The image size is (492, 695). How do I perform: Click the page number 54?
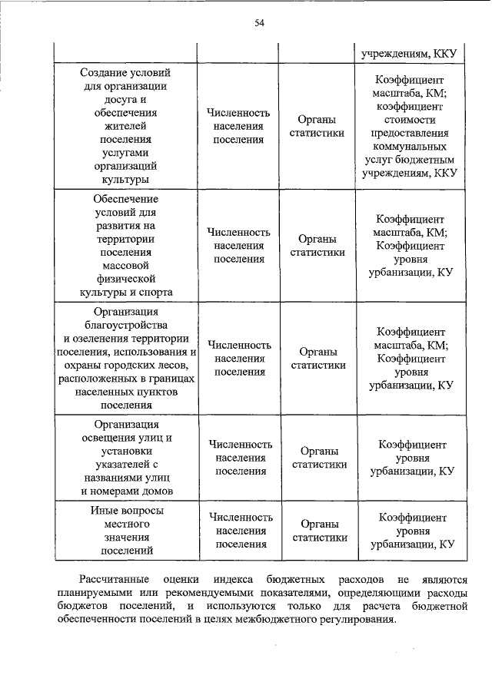click(260, 24)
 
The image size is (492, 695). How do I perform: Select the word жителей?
click(125, 126)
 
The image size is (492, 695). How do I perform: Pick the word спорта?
click(151, 292)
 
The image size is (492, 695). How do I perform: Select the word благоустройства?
click(125, 325)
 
